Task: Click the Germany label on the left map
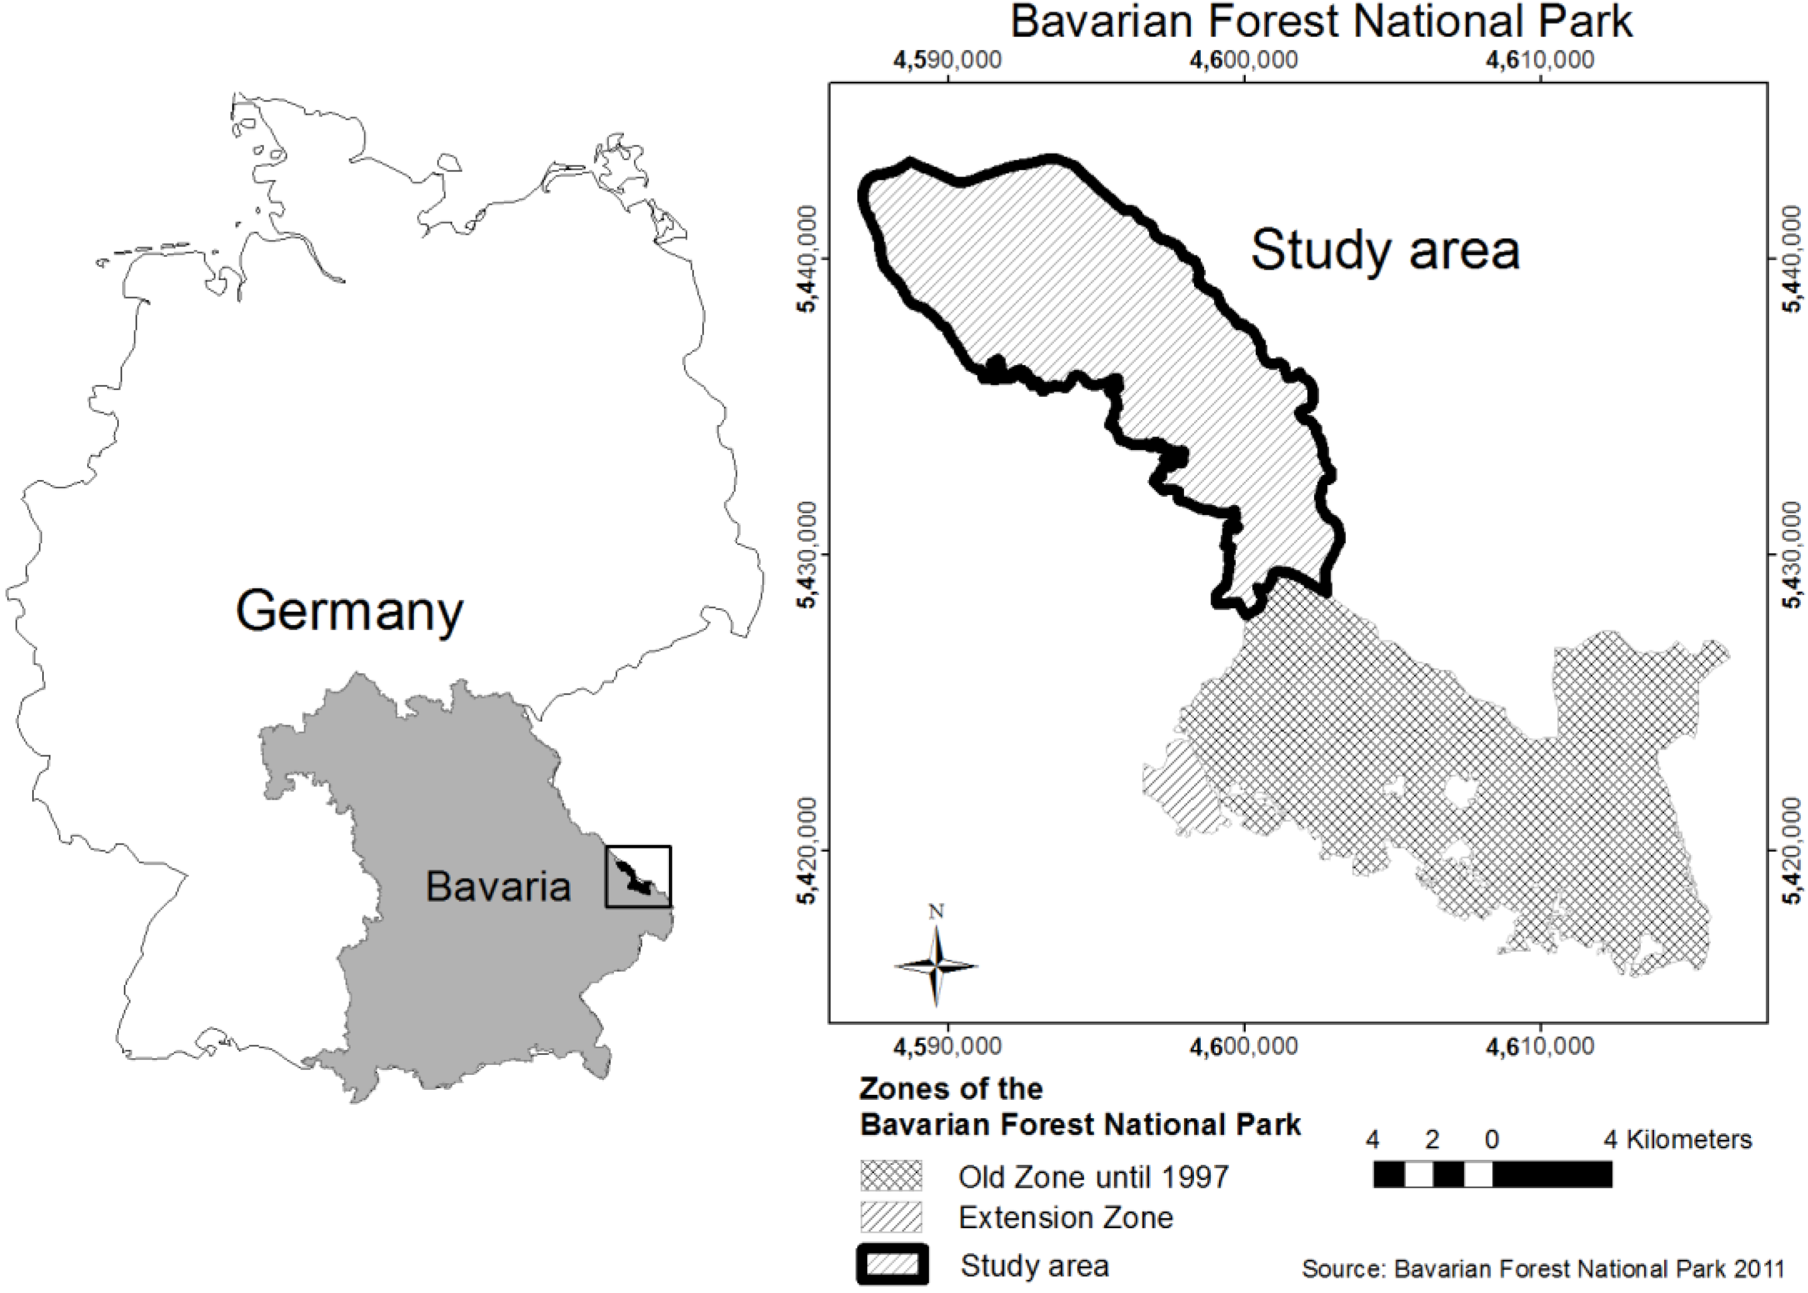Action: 349,612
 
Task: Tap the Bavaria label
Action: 498,886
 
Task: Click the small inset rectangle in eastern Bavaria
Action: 638,877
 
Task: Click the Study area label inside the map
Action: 1384,250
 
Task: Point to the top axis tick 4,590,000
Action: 948,60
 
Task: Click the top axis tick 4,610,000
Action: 1539,60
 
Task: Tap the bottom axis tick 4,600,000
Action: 1244,1045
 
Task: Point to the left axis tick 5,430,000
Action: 808,555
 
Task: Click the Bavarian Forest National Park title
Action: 1321,22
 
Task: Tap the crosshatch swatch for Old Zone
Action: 890,1175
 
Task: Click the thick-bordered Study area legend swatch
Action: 892,1265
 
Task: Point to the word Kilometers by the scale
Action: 1689,1139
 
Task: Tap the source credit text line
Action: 1542,1267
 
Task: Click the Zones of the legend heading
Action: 951,1088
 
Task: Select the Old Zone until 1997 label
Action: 1093,1177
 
